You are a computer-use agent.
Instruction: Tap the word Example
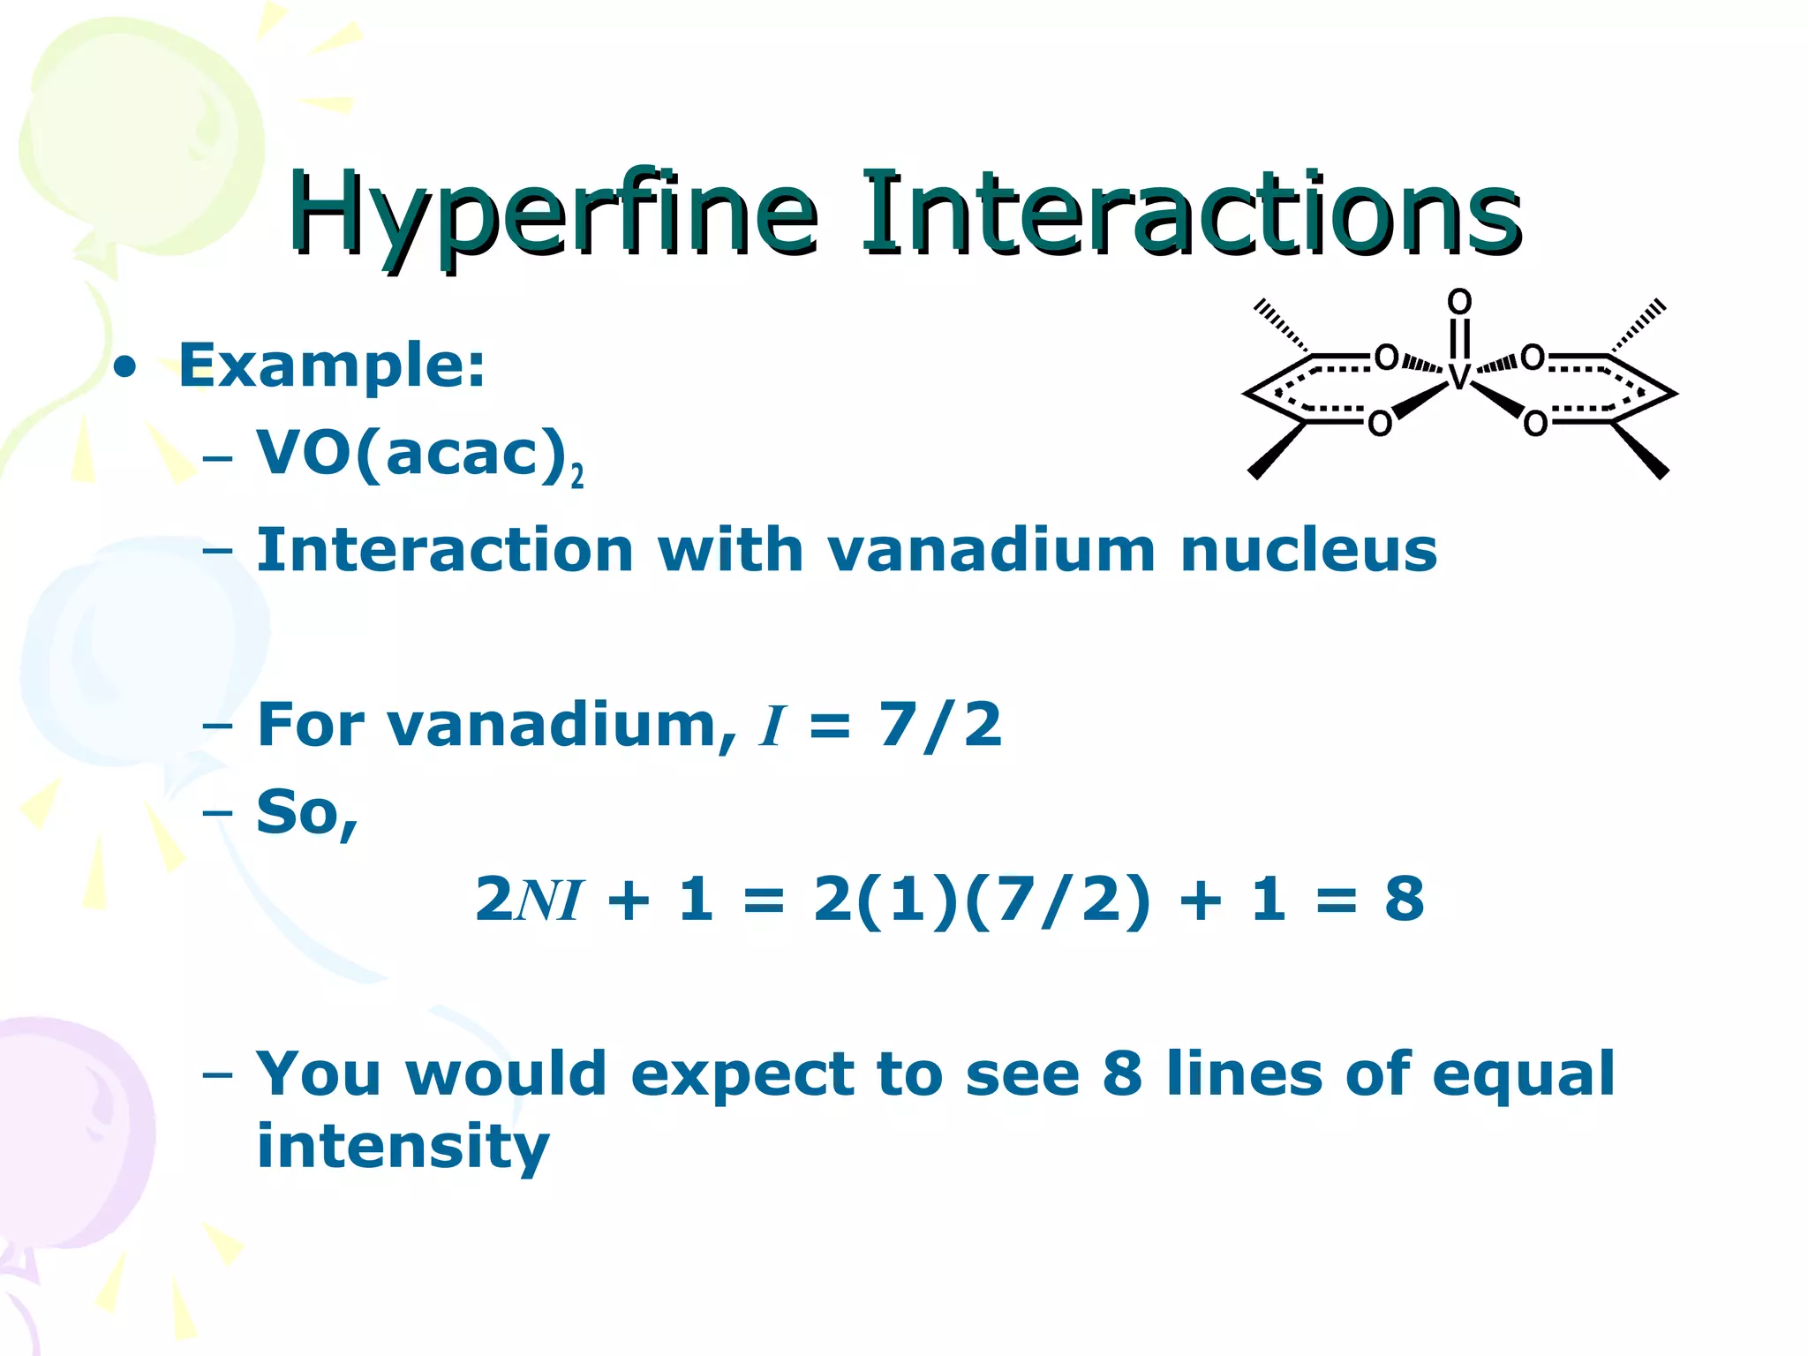[x=332, y=365]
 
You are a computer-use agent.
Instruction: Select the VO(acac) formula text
[x=411, y=454]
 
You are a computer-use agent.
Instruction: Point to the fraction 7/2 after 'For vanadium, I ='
[x=940, y=725]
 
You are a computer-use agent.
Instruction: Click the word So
[x=305, y=812]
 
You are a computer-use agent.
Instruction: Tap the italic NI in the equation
[x=548, y=900]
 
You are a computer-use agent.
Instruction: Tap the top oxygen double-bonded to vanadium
[x=1459, y=302]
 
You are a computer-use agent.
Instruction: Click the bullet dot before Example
[x=126, y=366]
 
